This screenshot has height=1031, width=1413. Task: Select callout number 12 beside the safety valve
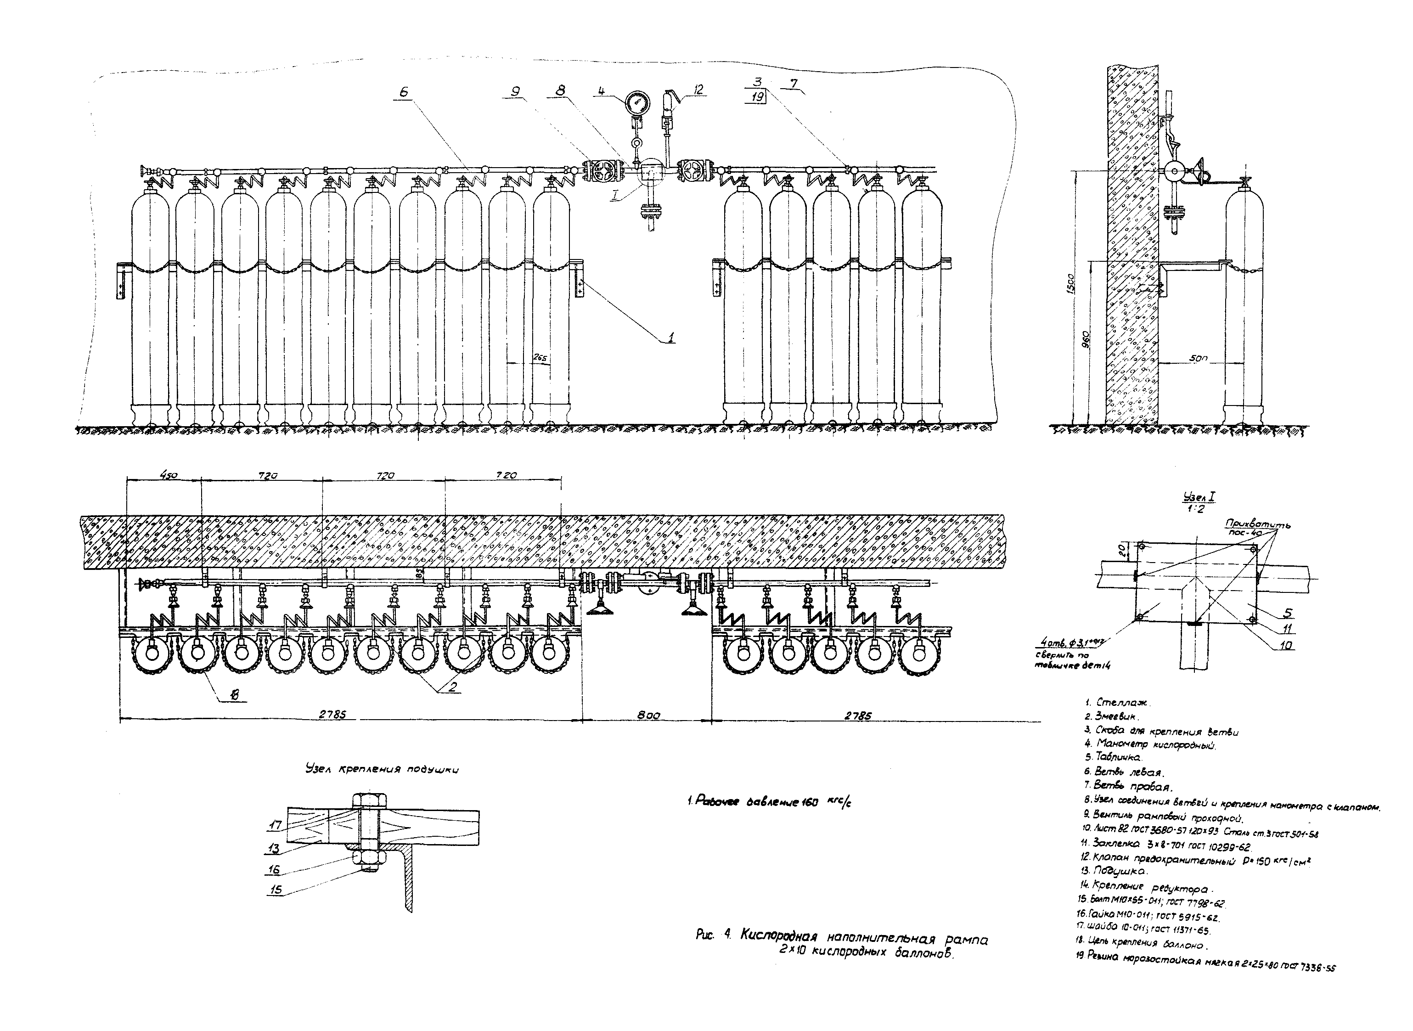[x=698, y=90]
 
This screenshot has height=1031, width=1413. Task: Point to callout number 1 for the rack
[x=670, y=338]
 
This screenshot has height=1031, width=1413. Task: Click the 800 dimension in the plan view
[x=648, y=716]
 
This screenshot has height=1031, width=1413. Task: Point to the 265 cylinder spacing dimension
[x=540, y=358]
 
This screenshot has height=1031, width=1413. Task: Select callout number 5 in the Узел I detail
[x=1288, y=614]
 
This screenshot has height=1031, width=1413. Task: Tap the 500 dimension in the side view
[x=1198, y=360]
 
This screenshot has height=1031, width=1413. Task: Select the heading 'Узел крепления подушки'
[x=382, y=770]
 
